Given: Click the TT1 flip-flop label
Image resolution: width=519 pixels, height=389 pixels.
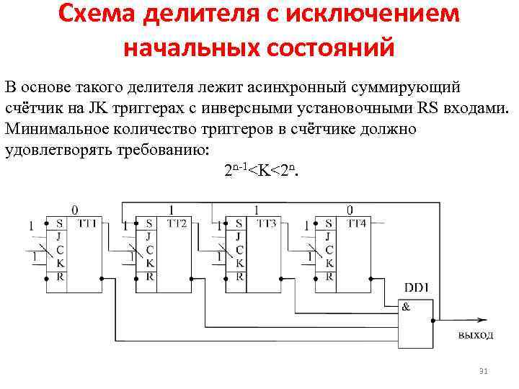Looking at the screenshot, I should [88, 224].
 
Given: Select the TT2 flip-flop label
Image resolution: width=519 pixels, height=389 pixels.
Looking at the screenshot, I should [177, 224].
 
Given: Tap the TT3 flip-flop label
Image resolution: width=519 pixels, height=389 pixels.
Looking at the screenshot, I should [266, 224].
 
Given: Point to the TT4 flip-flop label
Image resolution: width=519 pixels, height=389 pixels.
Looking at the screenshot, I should [356, 224].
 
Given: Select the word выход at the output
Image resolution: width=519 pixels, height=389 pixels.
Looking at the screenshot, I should [476, 335].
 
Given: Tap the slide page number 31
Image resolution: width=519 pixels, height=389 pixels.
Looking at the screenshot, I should [484, 371].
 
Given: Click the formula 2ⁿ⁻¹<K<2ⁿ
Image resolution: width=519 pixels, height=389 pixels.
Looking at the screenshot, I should [260, 171].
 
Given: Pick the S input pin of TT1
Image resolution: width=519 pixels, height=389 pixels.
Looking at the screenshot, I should [58, 224].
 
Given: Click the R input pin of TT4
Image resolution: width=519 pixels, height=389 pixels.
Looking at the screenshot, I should [329, 276].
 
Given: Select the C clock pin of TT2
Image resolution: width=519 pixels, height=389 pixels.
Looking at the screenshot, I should [148, 250].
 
